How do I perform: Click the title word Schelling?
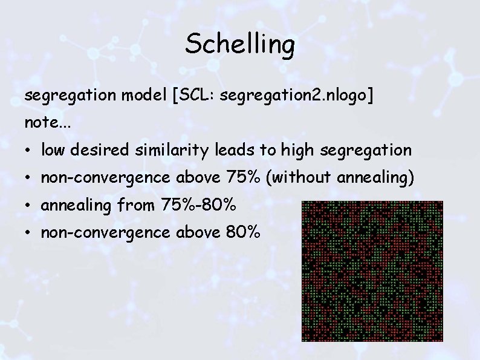click(240, 45)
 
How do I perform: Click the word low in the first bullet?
click(53, 149)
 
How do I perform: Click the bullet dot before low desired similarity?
click(28, 150)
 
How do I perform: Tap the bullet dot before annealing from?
click(28, 206)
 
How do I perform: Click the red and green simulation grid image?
click(372, 271)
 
